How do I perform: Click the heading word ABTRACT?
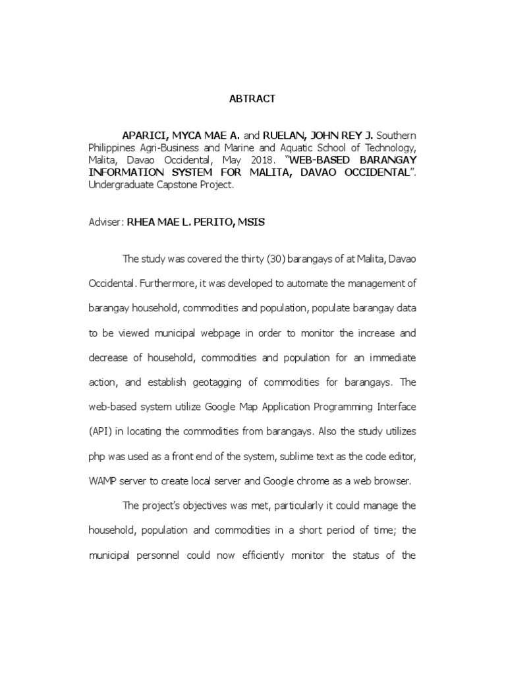pos(252,99)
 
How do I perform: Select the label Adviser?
pos(105,222)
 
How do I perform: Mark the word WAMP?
pos(103,481)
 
